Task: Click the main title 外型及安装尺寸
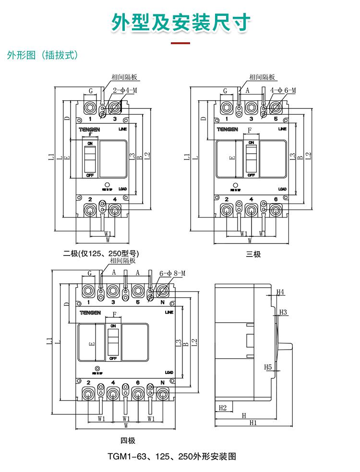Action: click(x=181, y=22)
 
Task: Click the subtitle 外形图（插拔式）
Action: click(x=42, y=56)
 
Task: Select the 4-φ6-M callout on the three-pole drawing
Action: click(x=283, y=90)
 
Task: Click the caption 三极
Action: click(x=253, y=254)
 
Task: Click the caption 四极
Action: click(x=128, y=440)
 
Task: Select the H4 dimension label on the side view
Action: click(x=281, y=291)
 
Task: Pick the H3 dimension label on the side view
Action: click(x=283, y=312)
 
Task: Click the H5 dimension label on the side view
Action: click(x=268, y=367)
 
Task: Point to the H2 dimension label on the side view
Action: click(x=222, y=408)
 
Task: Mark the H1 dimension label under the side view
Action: click(x=253, y=423)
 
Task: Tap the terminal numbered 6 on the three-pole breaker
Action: click(x=276, y=199)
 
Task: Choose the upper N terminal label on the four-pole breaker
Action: click(x=162, y=303)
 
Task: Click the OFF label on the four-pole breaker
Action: click(x=113, y=358)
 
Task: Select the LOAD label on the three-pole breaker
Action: click(x=282, y=189)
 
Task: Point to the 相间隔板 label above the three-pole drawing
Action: click(x=263, y=77)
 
